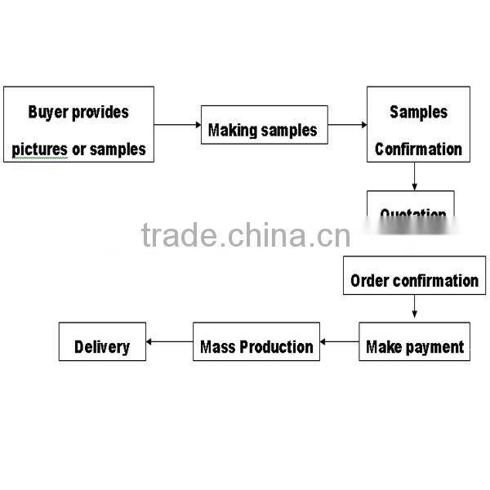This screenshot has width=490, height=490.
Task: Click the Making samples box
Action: [x=264, y=125]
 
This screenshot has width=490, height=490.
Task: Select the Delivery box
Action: [x=102, y=341]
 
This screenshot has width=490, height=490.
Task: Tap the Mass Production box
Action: [x=256, y=341]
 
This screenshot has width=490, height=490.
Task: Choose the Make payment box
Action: [x=414, y=341]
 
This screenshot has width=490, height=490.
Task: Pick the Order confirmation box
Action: [x=414, y=276]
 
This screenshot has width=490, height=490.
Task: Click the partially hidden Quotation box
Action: [x=410, y=205]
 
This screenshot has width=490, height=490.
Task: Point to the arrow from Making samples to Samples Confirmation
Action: [x=347, y=125]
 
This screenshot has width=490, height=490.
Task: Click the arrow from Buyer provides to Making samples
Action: [x=177, y=125]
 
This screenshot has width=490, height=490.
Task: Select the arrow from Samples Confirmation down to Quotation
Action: [x=415, y=176]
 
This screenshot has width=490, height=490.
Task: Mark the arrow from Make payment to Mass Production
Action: [x=339, y=342]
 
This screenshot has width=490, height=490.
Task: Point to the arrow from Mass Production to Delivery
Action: [x=169, y=342]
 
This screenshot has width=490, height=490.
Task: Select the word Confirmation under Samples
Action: [x=418, y=149]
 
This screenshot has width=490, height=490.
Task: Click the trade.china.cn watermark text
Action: [x=245, y=235]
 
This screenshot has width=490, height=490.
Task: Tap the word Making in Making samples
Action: [x=233, y=130]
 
